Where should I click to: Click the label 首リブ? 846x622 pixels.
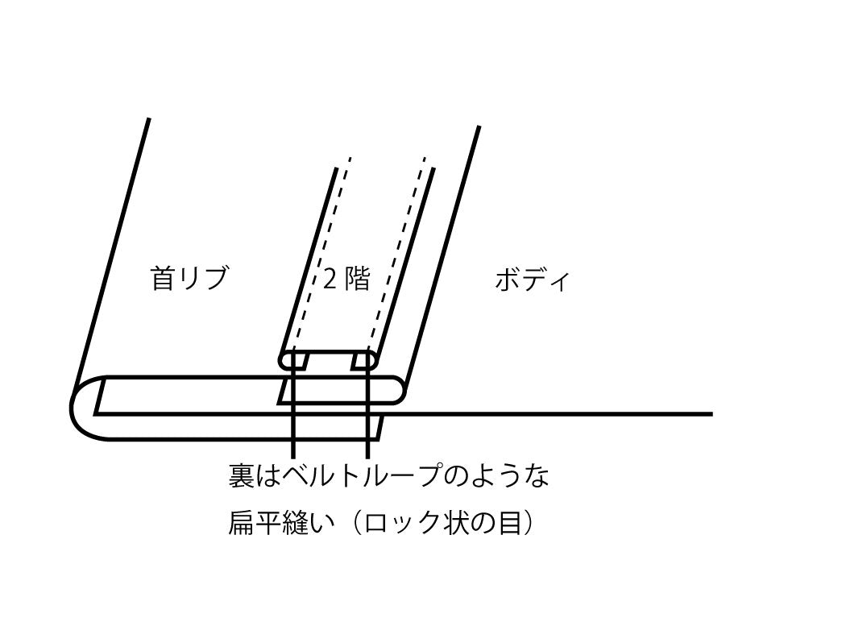coord(189,278)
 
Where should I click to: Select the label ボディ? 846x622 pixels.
coord(532,280)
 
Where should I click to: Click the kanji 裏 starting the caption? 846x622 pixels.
coord(241,476)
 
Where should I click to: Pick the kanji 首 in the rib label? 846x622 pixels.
coord(163,278)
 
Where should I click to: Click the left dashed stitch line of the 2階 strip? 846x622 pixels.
coord(322,255)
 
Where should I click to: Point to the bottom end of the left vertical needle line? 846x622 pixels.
coord(293,456)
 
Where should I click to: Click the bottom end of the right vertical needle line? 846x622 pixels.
coord(367,456)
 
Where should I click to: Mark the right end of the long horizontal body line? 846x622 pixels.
coord(711,414)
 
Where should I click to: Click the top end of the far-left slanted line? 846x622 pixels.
coord(148,119)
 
